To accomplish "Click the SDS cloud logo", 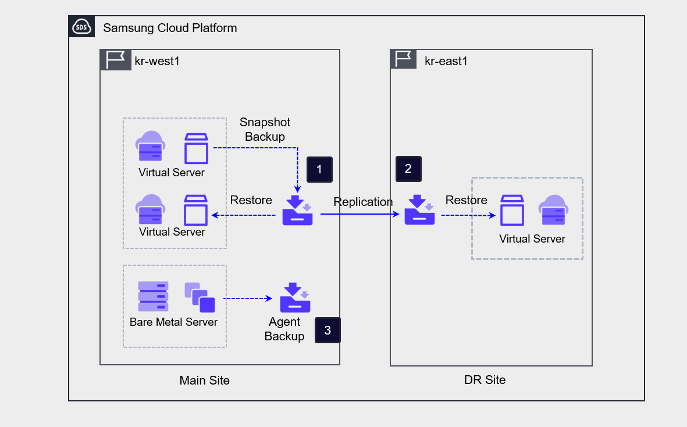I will tap(81, 27).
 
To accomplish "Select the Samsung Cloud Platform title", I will tap(170, 28).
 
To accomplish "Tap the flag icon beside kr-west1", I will tap(115, 60).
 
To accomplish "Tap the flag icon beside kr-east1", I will tap(403, 59).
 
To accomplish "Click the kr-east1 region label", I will tap(446, 61).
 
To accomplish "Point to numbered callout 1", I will tap(319, 169).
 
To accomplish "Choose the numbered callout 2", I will tap(408, 169).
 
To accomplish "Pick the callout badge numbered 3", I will tap(328, 330).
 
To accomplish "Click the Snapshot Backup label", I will tap(265, 130).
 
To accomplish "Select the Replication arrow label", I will tap(363, 202).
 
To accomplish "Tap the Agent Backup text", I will tap(284, 329).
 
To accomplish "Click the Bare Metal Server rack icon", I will tap(154, 296).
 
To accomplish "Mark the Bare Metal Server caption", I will tap(173, 322).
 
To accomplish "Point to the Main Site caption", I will tap(205, 381).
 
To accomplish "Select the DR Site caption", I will tap(485, 380).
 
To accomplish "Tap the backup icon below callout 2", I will tap(420, 210).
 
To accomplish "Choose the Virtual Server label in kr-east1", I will tap(532, 239).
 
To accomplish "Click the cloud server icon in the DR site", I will tap(553, 210).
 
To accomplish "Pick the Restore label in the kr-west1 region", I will tap(251, 201).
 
